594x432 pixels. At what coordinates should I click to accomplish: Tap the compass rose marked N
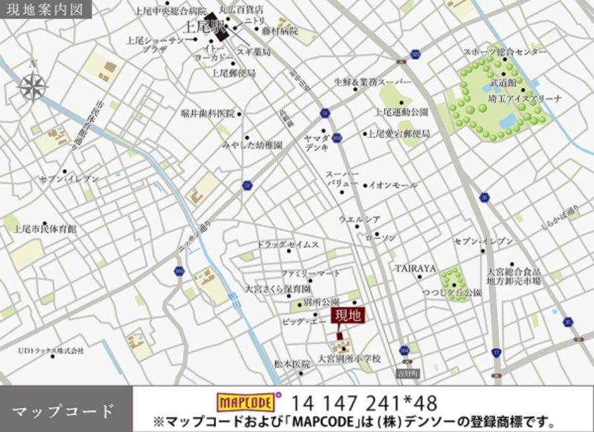coord(32,86)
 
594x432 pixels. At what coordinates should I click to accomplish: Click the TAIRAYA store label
coord(416,268)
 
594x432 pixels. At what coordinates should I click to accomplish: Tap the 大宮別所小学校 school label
coord(350,359)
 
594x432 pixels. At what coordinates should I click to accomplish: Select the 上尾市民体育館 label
coord(46,229)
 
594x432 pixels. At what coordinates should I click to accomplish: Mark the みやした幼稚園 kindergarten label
coord(252,144)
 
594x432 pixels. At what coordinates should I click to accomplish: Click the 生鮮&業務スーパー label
coord(372,82)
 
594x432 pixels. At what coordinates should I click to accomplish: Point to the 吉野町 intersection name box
coord(407,373)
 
